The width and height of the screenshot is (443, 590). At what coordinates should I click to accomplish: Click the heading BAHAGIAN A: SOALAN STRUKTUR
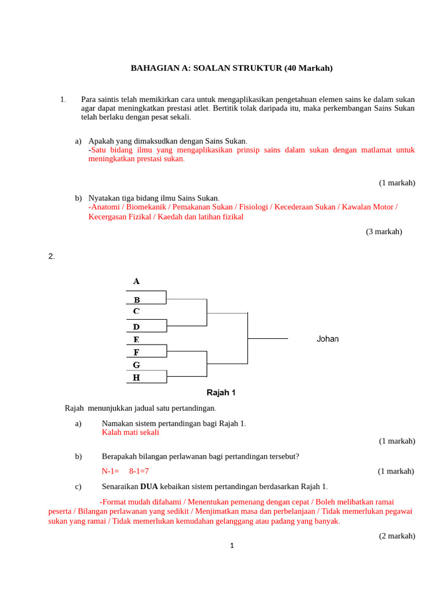[x=232, y=68]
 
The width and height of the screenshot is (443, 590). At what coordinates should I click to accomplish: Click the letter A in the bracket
[x=137, y=281]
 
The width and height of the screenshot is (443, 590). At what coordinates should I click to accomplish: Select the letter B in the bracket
[x=137, y=300]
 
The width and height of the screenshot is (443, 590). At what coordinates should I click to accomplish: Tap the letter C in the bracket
[x=137, y=311]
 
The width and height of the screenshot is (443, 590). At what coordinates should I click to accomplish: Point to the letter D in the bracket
[x=137, y=327]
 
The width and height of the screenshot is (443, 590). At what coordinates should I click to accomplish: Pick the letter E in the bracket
[x=137, y=339]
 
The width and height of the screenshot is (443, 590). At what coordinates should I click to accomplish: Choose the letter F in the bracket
[x=137, y=352]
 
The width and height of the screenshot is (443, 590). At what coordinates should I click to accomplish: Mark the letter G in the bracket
[x=137, y=365]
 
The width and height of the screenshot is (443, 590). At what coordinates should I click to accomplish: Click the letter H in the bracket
[x=137, y=377]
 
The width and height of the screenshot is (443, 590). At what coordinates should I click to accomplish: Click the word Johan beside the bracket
[x=328, y=339]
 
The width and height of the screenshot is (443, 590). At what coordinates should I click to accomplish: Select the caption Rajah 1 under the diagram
[x=221, y=393]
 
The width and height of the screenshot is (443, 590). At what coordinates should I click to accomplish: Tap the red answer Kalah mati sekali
[x=130, y=432]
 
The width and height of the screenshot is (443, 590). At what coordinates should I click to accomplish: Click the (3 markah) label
[x=384, y=232]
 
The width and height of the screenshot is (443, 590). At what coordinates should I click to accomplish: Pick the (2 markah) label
[x=397, y=536]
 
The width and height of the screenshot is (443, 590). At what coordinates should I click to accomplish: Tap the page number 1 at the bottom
[x=231, y=546]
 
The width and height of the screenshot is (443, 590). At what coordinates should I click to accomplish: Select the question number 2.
[x=51, y=256]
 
